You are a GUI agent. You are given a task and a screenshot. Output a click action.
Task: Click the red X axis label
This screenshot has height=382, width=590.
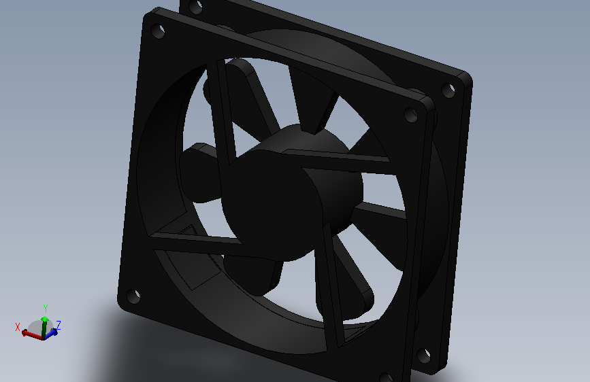17,327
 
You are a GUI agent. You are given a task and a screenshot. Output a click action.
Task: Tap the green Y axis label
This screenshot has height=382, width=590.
46,309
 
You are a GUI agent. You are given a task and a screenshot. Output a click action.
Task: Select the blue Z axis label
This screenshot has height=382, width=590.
59,325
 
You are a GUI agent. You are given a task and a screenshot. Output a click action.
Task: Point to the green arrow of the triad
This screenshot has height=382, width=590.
44,327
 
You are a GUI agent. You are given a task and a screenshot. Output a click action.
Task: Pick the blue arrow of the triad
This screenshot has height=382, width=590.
52,333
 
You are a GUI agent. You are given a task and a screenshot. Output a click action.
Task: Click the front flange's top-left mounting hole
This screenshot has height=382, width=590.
158,31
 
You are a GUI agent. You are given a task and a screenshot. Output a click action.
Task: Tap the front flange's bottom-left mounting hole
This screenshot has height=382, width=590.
133,296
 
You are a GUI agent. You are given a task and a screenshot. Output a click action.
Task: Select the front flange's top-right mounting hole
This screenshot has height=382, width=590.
410,115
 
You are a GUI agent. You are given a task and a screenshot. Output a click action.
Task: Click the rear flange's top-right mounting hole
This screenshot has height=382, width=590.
448,90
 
